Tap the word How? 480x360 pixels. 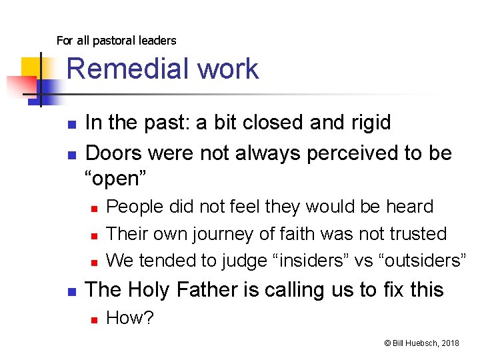pyautogui.click(x=130, y=319)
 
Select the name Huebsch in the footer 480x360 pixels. pyautogui.click(x=419, y=343)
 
